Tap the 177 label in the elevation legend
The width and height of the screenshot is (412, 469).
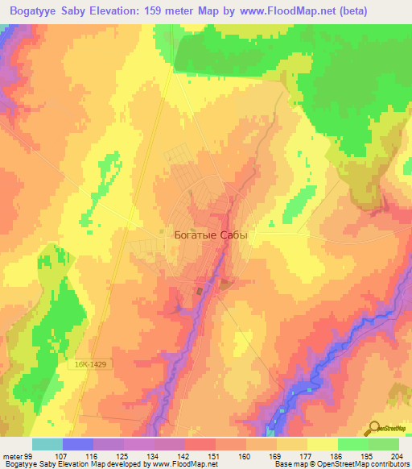[300, 456]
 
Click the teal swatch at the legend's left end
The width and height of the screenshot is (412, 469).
[47, 444]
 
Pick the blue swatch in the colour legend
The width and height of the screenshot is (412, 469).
[78, 444]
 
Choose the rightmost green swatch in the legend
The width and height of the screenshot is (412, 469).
[384, 444]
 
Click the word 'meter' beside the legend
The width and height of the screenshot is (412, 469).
[10, 456]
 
